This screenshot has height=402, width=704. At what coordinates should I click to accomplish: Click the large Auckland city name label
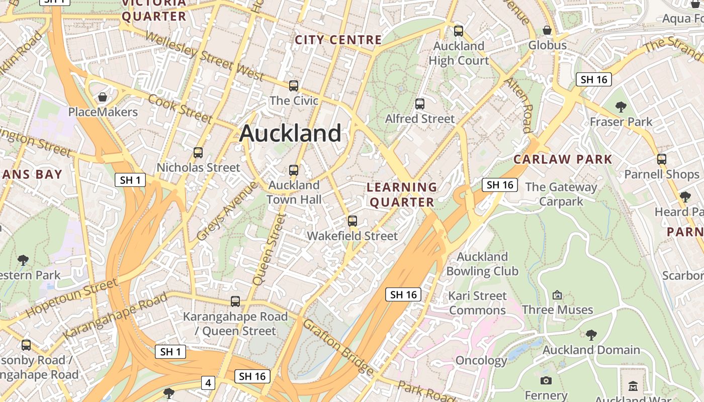(x=291, y=134)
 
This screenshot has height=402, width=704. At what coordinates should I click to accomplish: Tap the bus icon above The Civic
(x=294, y=86)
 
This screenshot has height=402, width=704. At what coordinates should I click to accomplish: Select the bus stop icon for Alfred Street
(x=420, y=104)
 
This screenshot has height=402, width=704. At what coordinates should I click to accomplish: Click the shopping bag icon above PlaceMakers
(x=103, y=97)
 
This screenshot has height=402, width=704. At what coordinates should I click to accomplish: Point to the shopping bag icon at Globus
(x=547, y=31)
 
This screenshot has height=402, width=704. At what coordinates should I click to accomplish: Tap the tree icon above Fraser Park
(x=621, y=107)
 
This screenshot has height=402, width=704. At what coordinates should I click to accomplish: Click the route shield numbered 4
(x=208, y=383)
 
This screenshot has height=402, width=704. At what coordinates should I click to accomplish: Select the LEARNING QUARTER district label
(x=401, y=194)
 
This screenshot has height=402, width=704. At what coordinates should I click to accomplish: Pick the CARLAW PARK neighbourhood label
(x=563, y=160)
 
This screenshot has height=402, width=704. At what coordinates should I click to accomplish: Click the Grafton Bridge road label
(x=338, y=347)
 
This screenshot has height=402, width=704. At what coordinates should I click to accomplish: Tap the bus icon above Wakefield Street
(x=353, y=221)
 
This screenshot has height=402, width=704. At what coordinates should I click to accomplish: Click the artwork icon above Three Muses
(x=557, y=295)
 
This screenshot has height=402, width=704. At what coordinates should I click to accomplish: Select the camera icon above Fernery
(x=546, y=380)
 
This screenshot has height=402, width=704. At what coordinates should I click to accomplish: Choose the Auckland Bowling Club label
(x=482, y=264)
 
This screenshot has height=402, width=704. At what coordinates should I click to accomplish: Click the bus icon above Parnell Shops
(x=662, y=159)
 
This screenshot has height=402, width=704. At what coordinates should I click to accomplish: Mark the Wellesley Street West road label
(x=205, y=55)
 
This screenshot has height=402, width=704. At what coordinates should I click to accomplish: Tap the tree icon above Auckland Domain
(x=591, y=335)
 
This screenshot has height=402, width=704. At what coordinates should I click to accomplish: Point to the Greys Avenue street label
(x=226, y=211)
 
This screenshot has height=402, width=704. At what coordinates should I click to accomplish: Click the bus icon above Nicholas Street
(x=198, y=152)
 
